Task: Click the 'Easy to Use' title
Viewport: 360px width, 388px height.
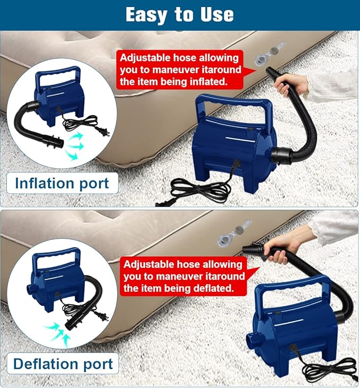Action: [179, 14]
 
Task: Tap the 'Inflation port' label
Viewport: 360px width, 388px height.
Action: [62, 184]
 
